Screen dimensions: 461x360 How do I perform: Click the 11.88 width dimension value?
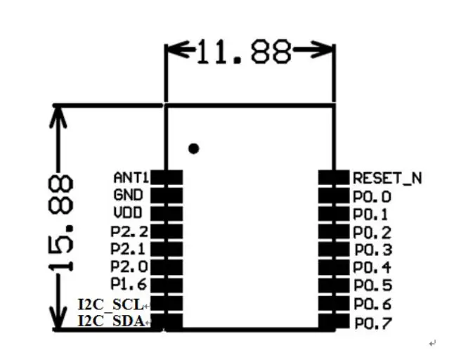[245, 52]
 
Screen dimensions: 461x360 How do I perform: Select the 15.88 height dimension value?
[60, 224]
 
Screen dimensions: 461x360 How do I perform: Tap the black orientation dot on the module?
[193, 148]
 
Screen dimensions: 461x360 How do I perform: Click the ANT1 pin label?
[131, 178]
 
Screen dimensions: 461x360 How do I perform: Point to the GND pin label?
[128, 195]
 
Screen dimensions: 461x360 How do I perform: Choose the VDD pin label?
[128, 212]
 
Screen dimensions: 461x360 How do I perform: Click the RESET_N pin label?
[387, 178]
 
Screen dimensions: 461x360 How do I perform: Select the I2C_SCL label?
[111, 304]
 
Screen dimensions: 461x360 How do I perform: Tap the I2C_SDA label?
[112, 321]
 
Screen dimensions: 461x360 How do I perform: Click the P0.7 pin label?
[373, 323]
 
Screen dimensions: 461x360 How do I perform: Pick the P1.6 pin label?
[129, 284]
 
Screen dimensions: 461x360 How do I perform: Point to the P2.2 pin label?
[129, 231]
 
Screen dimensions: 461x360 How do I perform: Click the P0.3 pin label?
[373, 250]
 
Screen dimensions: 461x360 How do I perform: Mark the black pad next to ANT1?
[167, 178]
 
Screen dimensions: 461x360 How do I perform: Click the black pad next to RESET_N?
[334, 178]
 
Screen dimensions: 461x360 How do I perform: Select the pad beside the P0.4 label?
[334, 267]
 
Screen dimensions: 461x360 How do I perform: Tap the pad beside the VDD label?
[167, 214]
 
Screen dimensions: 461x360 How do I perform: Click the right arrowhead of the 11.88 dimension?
[323, 49]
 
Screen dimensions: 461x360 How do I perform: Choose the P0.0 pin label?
[372, 197]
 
